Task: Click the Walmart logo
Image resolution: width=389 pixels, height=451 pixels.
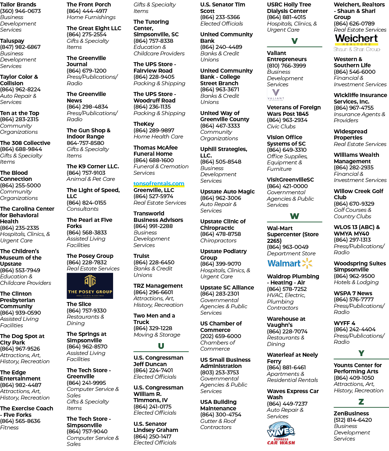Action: pos(290,263)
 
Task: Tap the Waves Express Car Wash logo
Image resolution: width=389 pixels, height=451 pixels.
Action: pos(281,433)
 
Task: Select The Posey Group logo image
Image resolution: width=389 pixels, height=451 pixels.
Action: pos(90,286)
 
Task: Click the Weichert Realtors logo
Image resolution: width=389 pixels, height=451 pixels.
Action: pos(357,43)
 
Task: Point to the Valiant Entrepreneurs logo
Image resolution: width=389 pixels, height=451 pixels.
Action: pos(276,95)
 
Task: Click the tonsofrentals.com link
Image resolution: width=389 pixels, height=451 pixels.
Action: pos(159,183)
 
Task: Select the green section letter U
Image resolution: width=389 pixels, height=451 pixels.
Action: pos(161,346)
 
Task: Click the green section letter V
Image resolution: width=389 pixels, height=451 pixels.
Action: pos(295,41)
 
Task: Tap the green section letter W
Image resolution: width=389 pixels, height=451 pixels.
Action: pos(295,216)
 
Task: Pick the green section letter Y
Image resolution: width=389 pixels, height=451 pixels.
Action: pos(361,353)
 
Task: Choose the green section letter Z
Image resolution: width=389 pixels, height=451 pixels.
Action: pos(361,401)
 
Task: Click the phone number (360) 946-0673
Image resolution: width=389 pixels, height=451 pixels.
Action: pos(20,11)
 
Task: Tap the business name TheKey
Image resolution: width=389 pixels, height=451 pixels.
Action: pos(144,124)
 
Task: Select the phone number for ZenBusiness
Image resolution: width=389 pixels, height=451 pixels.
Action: pos(353,420)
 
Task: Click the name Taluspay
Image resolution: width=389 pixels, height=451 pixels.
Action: pos(12,41)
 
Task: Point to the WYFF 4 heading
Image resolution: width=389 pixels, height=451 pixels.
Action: pos(344,323)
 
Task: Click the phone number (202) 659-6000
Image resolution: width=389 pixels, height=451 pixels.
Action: pos(221,336)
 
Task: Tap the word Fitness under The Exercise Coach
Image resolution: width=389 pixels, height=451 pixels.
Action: pos(9,427)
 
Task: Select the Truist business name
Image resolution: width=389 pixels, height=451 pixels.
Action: pos(142,256)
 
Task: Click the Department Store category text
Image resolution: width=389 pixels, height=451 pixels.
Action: pos(291,253)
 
